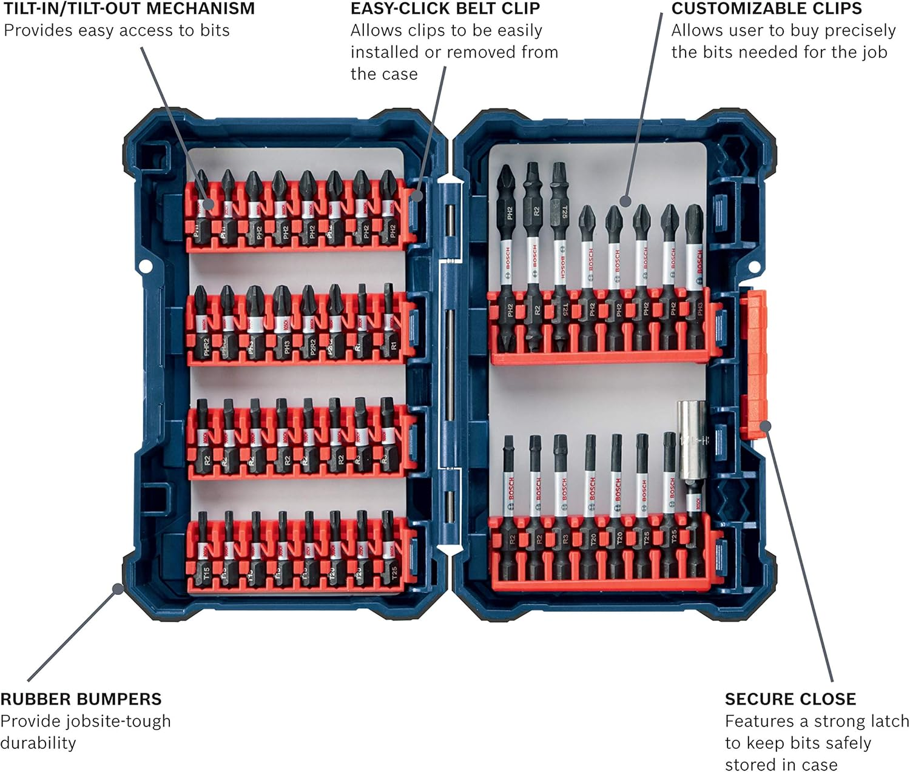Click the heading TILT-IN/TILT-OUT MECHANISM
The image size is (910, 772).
(129, 9)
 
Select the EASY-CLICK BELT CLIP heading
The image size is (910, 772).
(445, 9)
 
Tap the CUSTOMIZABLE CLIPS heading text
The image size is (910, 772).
(766, 9)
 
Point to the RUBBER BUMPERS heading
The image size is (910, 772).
(81, 699)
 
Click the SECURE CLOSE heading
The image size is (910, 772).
(790, 699)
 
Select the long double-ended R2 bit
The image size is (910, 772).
(533, 255)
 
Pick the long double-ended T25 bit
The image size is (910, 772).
(559, 255)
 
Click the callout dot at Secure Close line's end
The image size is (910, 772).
(765, 426)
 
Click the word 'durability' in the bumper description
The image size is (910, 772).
(38, 743)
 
